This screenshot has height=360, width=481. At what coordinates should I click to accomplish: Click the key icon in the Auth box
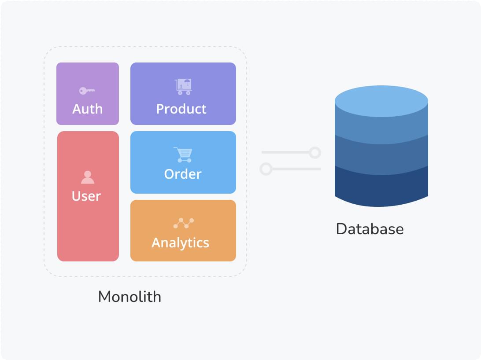coord(87,91)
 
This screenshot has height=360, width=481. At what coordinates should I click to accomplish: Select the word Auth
coord(87,109)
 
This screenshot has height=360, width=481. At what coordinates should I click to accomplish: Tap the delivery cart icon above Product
coord(183,87)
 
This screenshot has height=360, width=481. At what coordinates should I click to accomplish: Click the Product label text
coord(181,109)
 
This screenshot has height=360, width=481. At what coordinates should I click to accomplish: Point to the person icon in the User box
coord(88,177)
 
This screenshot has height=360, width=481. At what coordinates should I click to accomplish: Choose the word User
coord(86,196)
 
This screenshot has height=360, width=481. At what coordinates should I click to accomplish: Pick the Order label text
coord(182,174)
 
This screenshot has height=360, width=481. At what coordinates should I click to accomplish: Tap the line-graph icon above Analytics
coord(183,223)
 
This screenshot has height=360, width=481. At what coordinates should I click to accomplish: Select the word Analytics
coord(180,242)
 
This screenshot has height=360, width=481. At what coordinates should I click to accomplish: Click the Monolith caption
coord(129,297)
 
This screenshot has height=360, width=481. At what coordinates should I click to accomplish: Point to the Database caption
coord(370,229)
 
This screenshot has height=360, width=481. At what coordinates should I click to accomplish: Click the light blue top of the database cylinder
coord(381,100)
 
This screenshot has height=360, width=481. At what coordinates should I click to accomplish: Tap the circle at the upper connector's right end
coord(314,153)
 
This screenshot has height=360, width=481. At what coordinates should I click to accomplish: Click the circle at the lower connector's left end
coord(266,169)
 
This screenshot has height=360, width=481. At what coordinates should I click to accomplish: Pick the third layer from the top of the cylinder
coord(381,156)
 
